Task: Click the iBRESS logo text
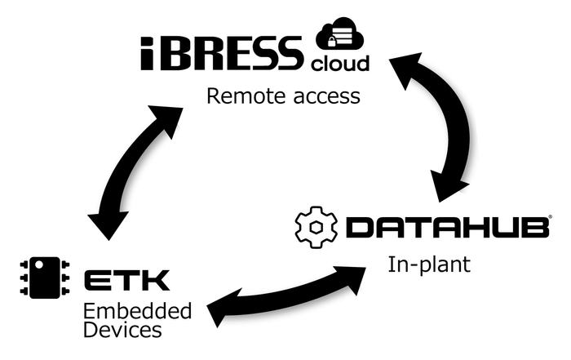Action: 220,52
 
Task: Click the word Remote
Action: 237,96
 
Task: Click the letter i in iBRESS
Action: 148,52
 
